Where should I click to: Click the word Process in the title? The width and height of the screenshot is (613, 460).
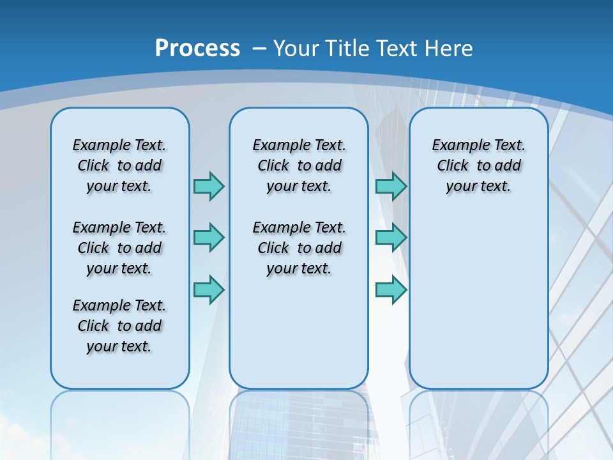[197, 49]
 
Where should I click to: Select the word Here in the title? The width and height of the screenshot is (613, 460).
[450, 49]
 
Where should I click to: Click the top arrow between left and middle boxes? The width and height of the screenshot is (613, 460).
[209, 186]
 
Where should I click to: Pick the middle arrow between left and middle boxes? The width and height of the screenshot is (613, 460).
[209, 238]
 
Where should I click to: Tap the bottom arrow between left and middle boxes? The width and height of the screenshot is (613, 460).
[209, 289]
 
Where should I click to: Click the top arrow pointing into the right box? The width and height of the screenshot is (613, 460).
[391, 186]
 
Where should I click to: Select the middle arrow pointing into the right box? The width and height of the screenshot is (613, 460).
[391, 238]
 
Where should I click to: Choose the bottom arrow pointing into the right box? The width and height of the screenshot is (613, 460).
[391, 289]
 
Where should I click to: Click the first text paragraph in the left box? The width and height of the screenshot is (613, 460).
[119, 165]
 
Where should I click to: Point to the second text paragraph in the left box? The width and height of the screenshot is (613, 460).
[119, 248]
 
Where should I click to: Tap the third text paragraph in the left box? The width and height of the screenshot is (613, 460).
[119, 326]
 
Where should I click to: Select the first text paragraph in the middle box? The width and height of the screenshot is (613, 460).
[299, 165]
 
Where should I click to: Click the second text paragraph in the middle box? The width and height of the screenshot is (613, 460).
[299, 248]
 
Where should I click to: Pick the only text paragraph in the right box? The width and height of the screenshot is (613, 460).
[478, 165]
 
